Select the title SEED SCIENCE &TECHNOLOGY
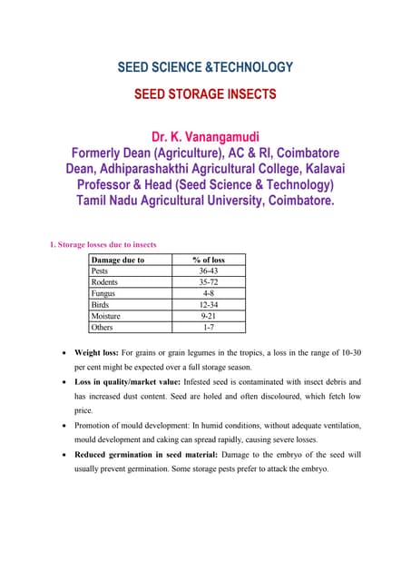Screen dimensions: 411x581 pyautogui.click(x=205, y=67)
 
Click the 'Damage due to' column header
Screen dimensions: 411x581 pyautogui.click(x=119, y=260)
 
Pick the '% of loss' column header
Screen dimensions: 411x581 pyautogui.click(x=209, y=260)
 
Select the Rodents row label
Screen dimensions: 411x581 pyautogui.click(x=106, y=282)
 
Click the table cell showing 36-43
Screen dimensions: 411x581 pyautogui.click(x=209, y=271)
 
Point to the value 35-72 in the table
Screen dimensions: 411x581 pyautogui.click(x=209, y=282)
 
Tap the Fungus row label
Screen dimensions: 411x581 pyautogui.click(x=103, y=293)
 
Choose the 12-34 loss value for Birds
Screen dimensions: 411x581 pyautogui.click(x=209, y=305)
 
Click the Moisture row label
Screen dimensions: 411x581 pyautogui.click(x=107, y=316)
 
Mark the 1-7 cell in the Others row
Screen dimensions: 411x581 pyautogui.click(x=209, y=327)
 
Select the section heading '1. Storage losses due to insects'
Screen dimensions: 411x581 pyautogui.click(x=103, y=243)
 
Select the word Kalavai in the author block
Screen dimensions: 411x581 pyautogui.click(x=316, y=169)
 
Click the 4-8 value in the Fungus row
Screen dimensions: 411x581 pyautogui.click(x=209, y=293)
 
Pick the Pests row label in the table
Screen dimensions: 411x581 pyautogui.click(x=101, y=271)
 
